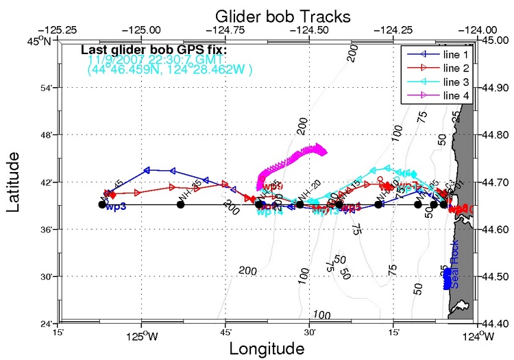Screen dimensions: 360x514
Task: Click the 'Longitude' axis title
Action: (267, 348)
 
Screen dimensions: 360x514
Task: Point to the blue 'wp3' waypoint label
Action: (116, 208)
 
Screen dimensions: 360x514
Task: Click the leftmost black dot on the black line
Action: (102, 204)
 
